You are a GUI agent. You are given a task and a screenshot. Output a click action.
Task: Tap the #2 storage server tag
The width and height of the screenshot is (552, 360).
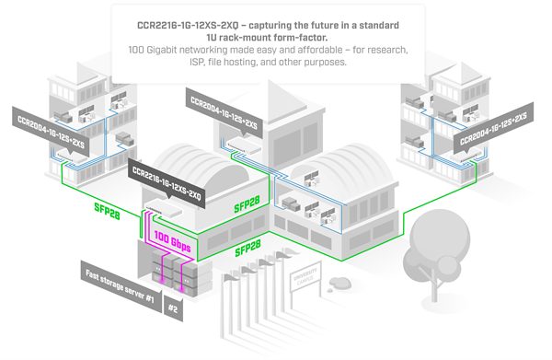[x=174, y=310]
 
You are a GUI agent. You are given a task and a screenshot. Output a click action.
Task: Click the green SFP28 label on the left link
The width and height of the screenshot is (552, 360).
[x=108, y=208]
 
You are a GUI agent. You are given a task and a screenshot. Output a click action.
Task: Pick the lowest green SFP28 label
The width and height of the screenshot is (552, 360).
[x=248, y=250]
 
